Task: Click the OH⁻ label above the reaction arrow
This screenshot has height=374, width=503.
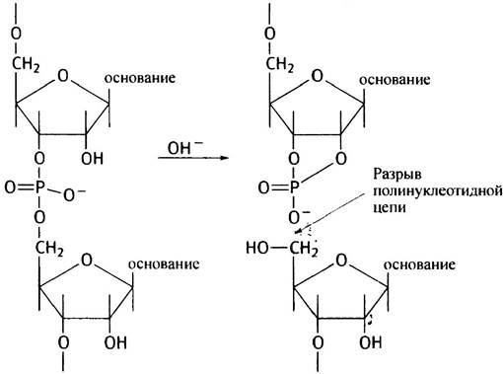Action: click(x=185, y=147)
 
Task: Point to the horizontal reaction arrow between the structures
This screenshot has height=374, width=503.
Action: click(x=193, y=158)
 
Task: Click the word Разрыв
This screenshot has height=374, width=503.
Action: click(x=397, y=175)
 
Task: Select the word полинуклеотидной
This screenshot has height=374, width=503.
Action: click(x=438, y=191)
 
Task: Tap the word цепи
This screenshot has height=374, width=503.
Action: click(x=390, y=208)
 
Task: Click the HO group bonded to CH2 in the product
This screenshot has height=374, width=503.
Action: click(x=257, y=248)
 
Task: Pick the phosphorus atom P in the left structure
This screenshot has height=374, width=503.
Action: click(x=39, y=187)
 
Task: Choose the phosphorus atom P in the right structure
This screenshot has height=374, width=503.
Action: click(x=294, y=187)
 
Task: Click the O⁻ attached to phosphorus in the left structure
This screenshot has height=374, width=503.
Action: click(x=74, y=195)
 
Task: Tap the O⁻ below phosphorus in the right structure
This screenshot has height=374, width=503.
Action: click(x=299, y=217)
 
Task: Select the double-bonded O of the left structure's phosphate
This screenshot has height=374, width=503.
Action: click(x=10, y=187)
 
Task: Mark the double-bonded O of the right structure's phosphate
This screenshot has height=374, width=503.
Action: click(x=264, y=187)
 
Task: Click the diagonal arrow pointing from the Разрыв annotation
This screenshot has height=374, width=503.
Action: click(x=330, y=213)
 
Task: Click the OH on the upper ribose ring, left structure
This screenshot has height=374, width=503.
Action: click(x=93, y=159)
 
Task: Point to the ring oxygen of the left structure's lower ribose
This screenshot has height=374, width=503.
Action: click(x=87, y=261)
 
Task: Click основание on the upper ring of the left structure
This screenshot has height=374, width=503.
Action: click(x=140, y=78)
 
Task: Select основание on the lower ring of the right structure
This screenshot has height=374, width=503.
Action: click(x=419, y=264)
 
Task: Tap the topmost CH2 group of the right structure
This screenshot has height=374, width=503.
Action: click(x=280, y=64)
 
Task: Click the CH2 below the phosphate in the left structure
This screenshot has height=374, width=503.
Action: click(x=49, y=248)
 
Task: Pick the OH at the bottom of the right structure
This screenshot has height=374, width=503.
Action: click(x=371, y=342)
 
